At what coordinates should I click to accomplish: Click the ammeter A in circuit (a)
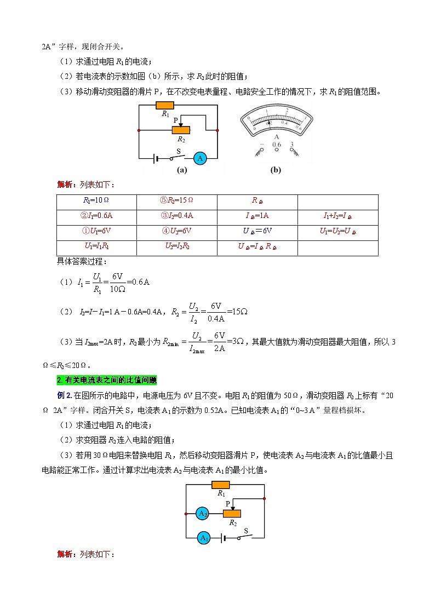pos(201,158)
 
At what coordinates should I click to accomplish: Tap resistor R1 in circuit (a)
pos(165,105)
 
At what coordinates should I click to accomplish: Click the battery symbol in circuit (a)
pos(157,158)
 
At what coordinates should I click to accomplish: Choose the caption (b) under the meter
pos(276,170)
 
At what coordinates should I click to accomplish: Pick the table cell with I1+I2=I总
pos(337,216)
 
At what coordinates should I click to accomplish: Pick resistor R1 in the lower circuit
pos(220,485)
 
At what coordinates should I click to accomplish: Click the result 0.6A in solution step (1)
pos(139,283)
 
